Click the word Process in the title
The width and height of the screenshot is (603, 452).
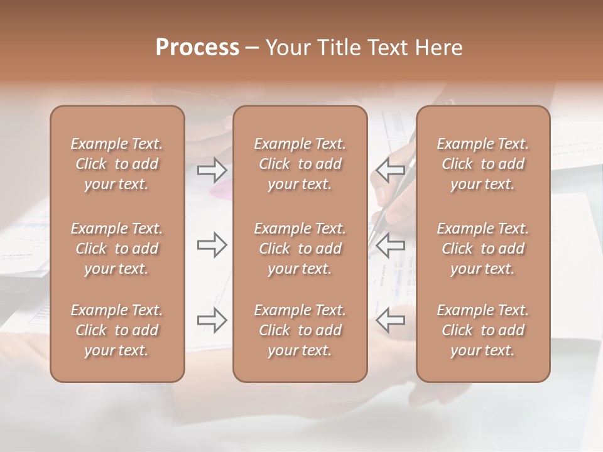click(197, 48)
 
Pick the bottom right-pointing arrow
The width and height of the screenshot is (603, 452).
click(212, 320)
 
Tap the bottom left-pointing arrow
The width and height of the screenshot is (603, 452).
click(390, 320)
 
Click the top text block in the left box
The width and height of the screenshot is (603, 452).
click(117, 164)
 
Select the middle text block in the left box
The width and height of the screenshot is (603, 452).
click(117, 249)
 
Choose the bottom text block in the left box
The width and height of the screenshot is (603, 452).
click(117, 330)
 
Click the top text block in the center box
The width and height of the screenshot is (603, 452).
click(300, 164)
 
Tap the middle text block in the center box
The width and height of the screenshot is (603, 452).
click(300, 249)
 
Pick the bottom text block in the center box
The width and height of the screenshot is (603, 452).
click(300, 330)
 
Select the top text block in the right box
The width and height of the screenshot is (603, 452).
click(483, 164)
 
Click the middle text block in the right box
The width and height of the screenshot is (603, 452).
click(483, 249)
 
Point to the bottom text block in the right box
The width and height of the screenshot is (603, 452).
click(483, 330)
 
